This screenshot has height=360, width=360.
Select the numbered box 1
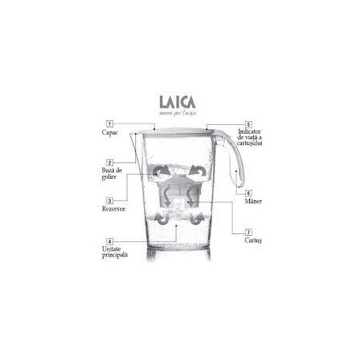(109, 124)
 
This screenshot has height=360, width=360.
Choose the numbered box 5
(248, 125)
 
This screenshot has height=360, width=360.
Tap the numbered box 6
(248, 193)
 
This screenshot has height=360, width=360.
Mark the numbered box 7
(248, 233)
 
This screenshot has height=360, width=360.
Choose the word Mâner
(254, 203)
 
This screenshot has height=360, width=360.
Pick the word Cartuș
(255, 243)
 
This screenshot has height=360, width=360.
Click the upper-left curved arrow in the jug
(160, 171)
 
